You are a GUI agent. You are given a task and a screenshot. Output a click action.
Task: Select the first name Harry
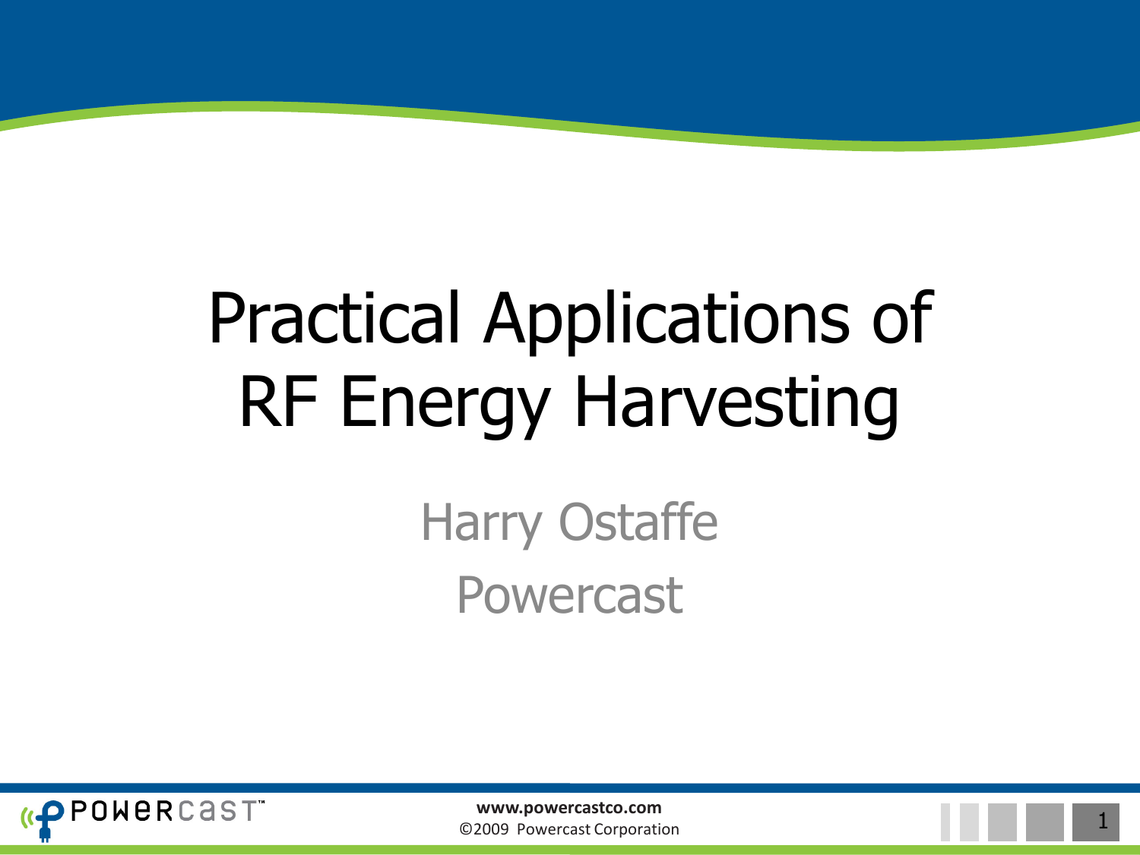pos(481,523)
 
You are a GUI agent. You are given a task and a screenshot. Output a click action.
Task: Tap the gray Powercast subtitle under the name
pos(569,595)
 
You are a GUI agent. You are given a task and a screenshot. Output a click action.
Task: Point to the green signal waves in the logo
pos(26,818)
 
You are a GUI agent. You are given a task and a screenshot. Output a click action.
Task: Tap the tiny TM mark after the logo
pos(261,802)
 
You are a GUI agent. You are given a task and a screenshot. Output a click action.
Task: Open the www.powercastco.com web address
pos(568,808)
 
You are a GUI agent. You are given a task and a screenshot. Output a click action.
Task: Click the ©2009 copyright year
pos(484,829)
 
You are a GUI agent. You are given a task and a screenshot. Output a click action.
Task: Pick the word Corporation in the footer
pos(636,829)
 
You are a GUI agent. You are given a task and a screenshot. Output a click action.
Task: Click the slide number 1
pos(1102,821)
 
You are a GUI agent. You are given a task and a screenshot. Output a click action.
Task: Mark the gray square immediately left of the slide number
pos(1045,822)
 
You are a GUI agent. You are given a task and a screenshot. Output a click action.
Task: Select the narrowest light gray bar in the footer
pos(945,822)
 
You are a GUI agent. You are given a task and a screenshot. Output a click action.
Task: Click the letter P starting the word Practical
pos(226,317)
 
